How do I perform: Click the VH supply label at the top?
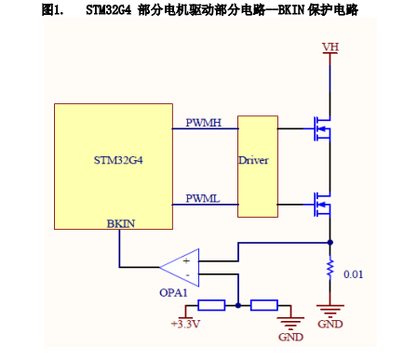point(330,47)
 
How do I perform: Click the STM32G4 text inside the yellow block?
point(118,160)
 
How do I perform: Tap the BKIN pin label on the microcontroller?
point(120,224)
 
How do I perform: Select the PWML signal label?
point(203,198)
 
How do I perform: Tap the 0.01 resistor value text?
point(354,275)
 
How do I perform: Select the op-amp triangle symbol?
point(182,268)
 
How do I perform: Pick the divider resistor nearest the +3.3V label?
point(211,304)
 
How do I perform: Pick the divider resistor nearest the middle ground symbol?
point(264,304)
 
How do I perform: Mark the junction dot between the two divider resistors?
point(238,304)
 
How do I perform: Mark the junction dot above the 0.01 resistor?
point(330,244)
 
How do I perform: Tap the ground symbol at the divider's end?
point(290,318)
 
